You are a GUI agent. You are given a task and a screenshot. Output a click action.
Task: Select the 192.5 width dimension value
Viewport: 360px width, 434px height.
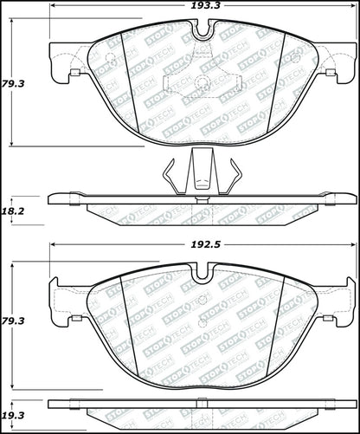[x=202, y=245]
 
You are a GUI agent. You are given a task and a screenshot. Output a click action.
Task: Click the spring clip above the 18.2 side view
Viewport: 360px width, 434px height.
[x=201, y=174]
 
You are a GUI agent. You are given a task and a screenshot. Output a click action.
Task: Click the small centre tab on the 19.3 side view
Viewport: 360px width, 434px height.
[x=202, y=401]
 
